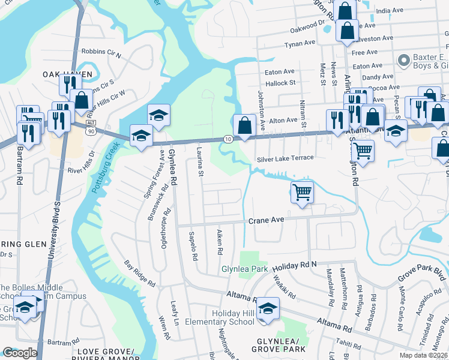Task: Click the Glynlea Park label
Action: click(245, 269)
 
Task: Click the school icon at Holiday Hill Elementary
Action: click(268, 308)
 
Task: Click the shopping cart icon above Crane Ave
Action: click(302, 193)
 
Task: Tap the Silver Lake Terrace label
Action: click(285, 158)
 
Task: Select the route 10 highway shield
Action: click(228, 139)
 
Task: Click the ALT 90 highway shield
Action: click(90, 127)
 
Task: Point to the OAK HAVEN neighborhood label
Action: click(67, 74)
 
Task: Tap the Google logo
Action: click(20, 353)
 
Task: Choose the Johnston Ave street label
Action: click(262, 110)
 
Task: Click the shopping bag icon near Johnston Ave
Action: click(244, 126)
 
